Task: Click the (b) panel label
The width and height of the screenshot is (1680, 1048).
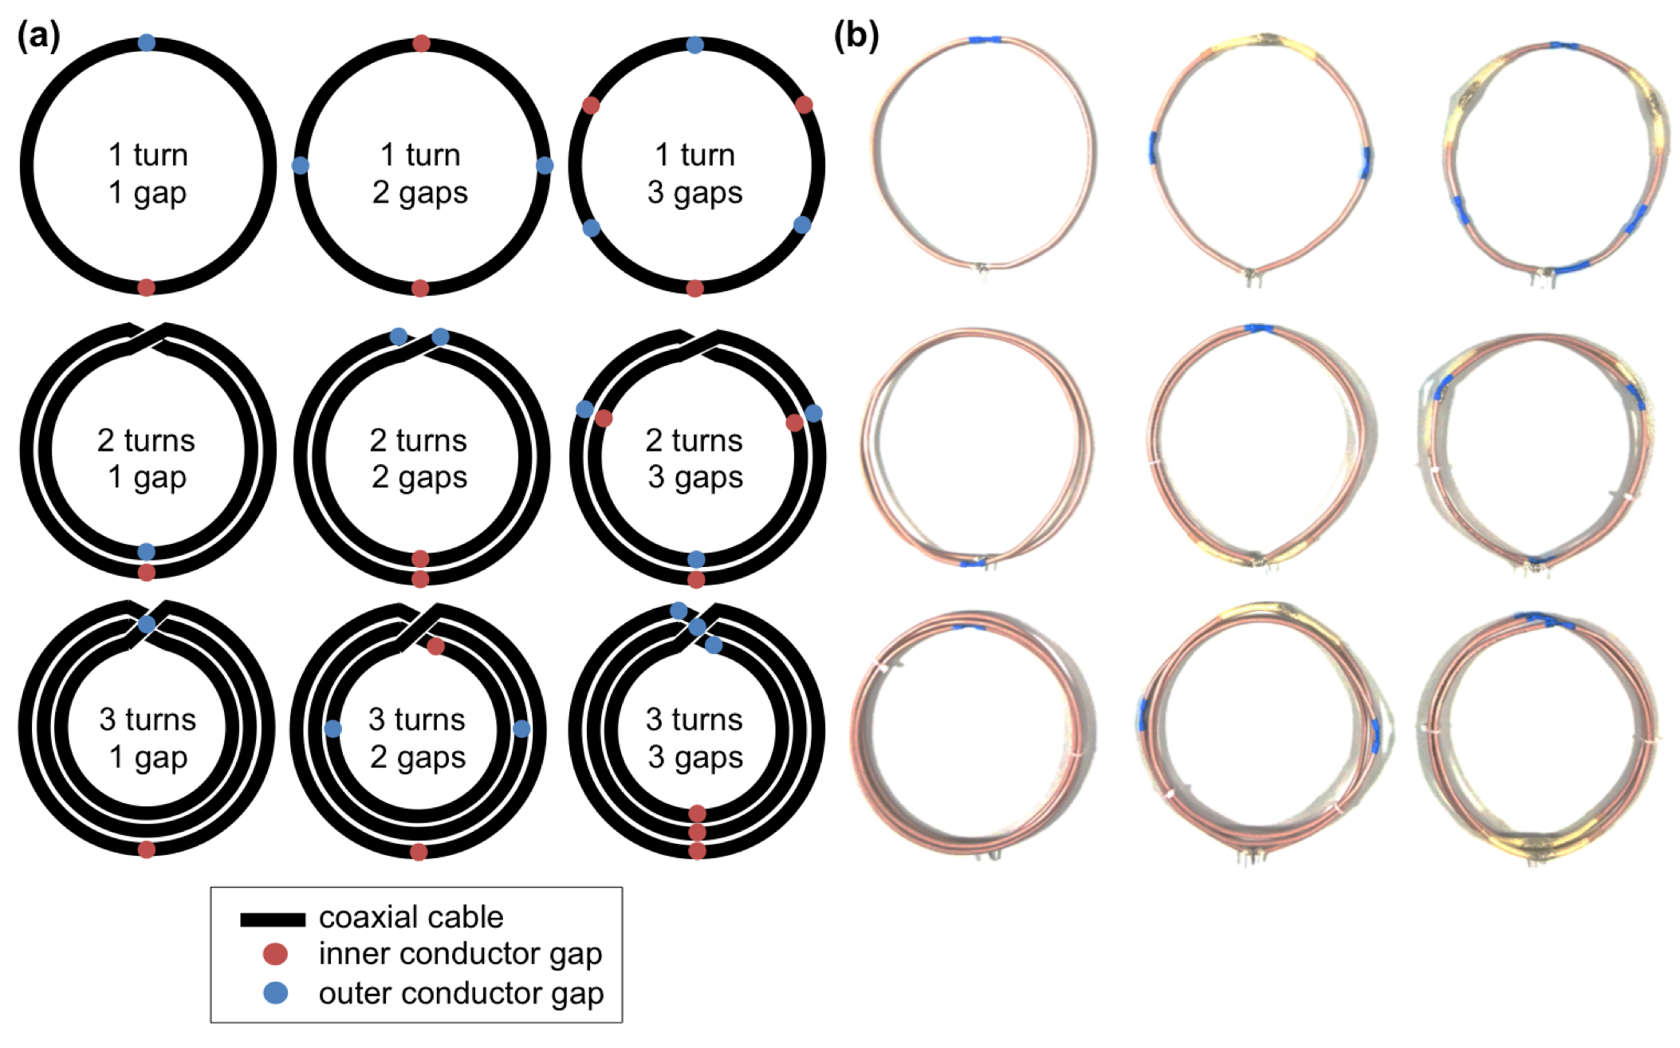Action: point(856,37)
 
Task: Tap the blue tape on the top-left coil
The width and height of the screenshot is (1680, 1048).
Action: point(985,39)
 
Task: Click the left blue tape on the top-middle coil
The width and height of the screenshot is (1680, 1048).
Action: point(1153,147)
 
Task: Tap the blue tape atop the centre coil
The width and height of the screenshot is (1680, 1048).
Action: point(1257,328)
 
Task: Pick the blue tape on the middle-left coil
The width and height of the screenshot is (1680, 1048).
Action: point(973,563)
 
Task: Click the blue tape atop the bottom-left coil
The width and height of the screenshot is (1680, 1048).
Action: point(968,628)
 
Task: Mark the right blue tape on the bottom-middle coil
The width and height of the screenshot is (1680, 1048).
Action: point(1375,735)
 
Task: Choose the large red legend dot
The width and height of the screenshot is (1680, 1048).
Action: point(275,954)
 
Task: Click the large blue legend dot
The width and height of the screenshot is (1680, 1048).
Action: point(275,993)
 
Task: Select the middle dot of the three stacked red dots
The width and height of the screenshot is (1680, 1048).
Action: point(697,832)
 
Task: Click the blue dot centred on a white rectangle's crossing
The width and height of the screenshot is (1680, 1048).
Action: point(147,624)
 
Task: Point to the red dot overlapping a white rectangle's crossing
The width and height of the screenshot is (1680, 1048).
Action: point(435,645)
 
